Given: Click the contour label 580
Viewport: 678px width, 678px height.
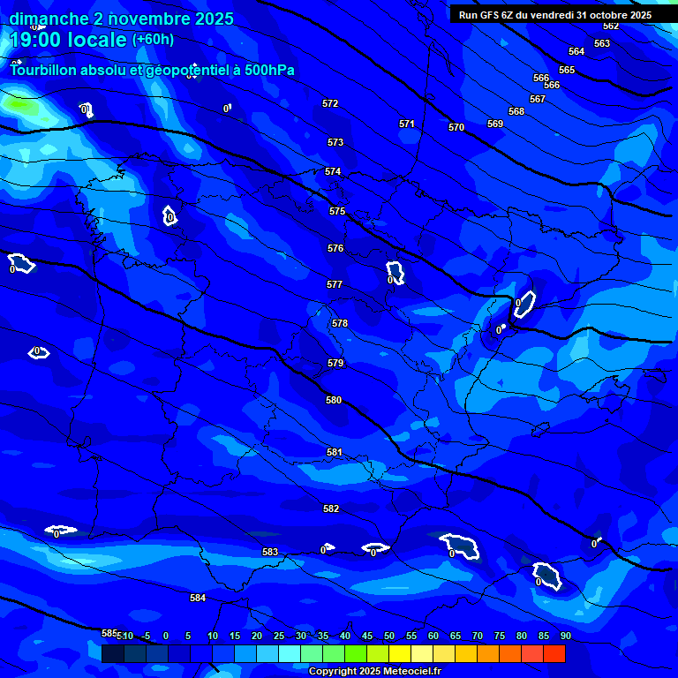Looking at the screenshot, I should [334, 400].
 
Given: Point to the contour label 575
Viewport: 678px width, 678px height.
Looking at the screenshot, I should [337, 211].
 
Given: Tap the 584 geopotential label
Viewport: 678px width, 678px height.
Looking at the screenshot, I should [198, 598].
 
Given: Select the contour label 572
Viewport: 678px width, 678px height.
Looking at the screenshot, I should [330, 103].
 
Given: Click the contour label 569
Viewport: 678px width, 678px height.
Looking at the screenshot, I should [495, 124].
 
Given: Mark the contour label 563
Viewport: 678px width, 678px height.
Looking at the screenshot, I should [602, 43].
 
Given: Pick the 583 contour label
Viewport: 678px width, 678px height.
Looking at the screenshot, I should [270, 552].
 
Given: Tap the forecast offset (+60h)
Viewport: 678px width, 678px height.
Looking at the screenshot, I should [153, 39].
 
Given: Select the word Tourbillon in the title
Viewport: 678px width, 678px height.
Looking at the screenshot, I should [44, 70].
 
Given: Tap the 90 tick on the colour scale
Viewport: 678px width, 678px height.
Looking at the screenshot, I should [565, 636].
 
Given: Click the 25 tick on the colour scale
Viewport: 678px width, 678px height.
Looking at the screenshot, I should [278, 636].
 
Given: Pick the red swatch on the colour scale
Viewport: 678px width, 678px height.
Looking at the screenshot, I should [554, 653].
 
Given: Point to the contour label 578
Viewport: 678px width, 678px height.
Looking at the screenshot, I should [340, 323].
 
